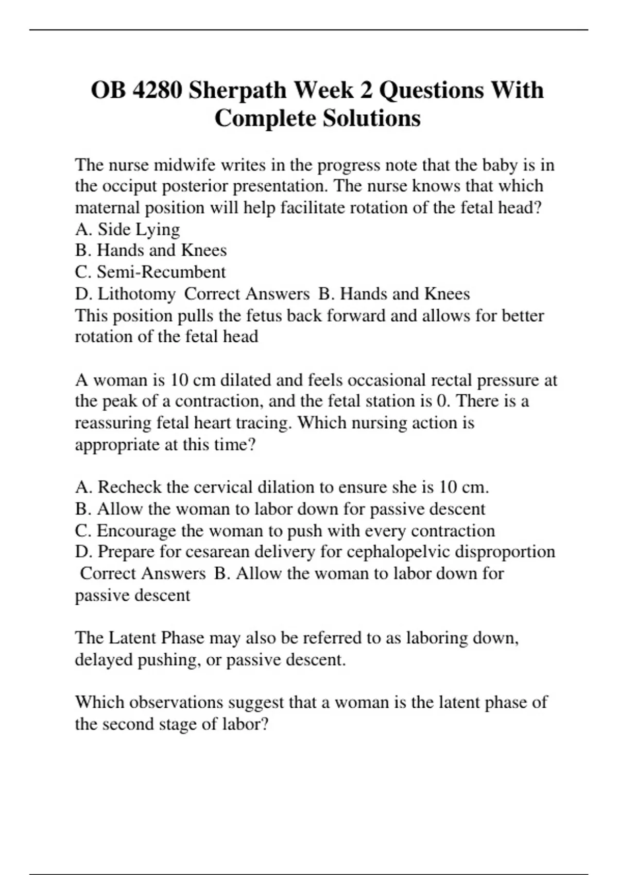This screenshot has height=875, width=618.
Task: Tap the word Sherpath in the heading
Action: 237,90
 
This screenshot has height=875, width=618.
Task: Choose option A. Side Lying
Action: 127,229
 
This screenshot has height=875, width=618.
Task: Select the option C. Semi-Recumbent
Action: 150,272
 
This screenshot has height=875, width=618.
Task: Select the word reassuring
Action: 113,423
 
